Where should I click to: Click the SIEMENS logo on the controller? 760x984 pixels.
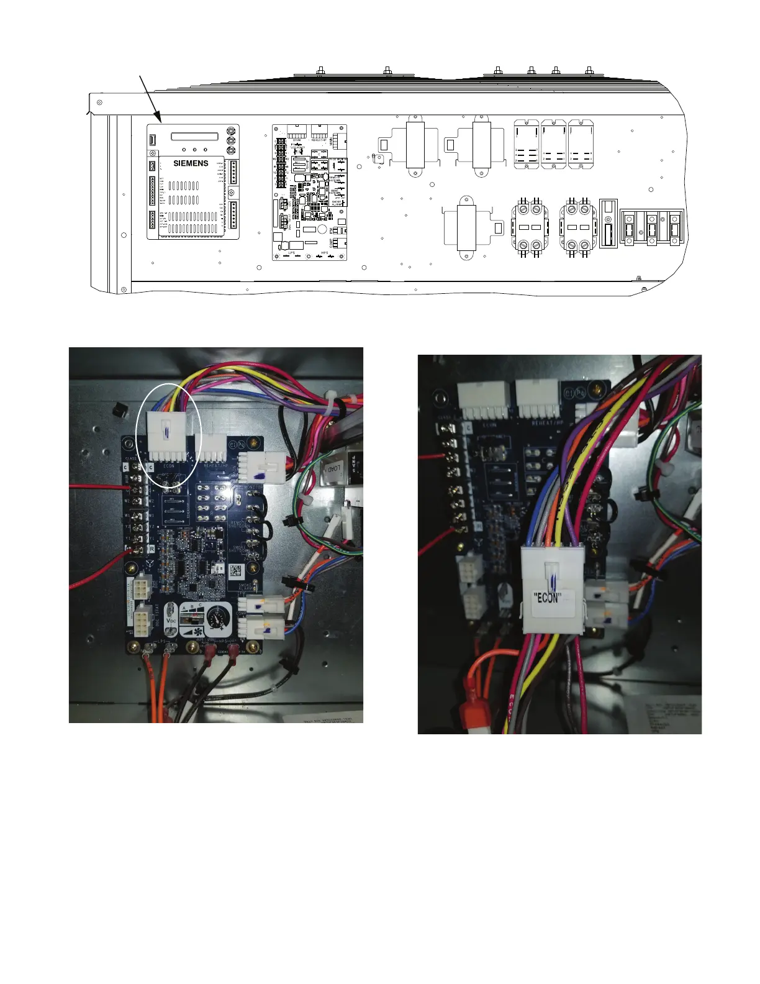[x=191, y=163]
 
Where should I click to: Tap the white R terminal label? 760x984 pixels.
[x=152, y=549]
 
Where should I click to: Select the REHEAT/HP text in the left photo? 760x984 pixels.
[x=217, y=465]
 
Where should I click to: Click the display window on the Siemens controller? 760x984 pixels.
[x=195, y=136]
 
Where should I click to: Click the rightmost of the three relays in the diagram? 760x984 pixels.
[x=581, y=144]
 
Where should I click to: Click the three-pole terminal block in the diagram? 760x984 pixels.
[x=652, y=228]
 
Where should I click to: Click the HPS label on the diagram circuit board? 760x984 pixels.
[x=324, y=253]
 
